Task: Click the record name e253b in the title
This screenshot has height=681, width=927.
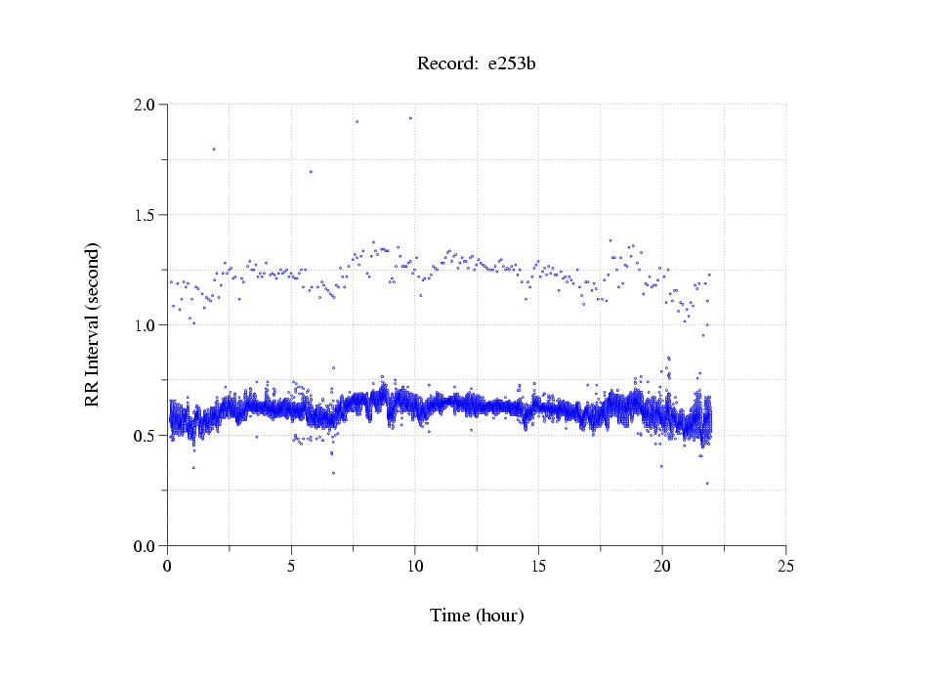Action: [512, 64]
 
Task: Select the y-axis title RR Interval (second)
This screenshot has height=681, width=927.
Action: [92, 323]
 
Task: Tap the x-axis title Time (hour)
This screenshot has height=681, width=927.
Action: [477, 616]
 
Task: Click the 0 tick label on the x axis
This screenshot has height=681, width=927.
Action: [167, 565]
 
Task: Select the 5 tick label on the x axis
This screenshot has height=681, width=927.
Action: [291, 565]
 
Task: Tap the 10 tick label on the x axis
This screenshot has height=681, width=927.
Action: [415, 565]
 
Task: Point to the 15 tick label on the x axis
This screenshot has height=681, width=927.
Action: [538, 565]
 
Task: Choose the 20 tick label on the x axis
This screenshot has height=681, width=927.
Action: [662, 565]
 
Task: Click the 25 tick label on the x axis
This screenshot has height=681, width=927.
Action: [785, 565]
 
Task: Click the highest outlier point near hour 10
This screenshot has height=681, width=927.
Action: [410, 118]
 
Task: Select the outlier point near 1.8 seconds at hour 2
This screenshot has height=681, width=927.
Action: [214, 149]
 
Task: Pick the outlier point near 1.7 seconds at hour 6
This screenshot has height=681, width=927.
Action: [311, 172]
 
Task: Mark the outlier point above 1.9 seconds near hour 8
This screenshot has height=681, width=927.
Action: [358, 121]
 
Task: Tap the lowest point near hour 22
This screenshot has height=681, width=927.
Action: [707, 484]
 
